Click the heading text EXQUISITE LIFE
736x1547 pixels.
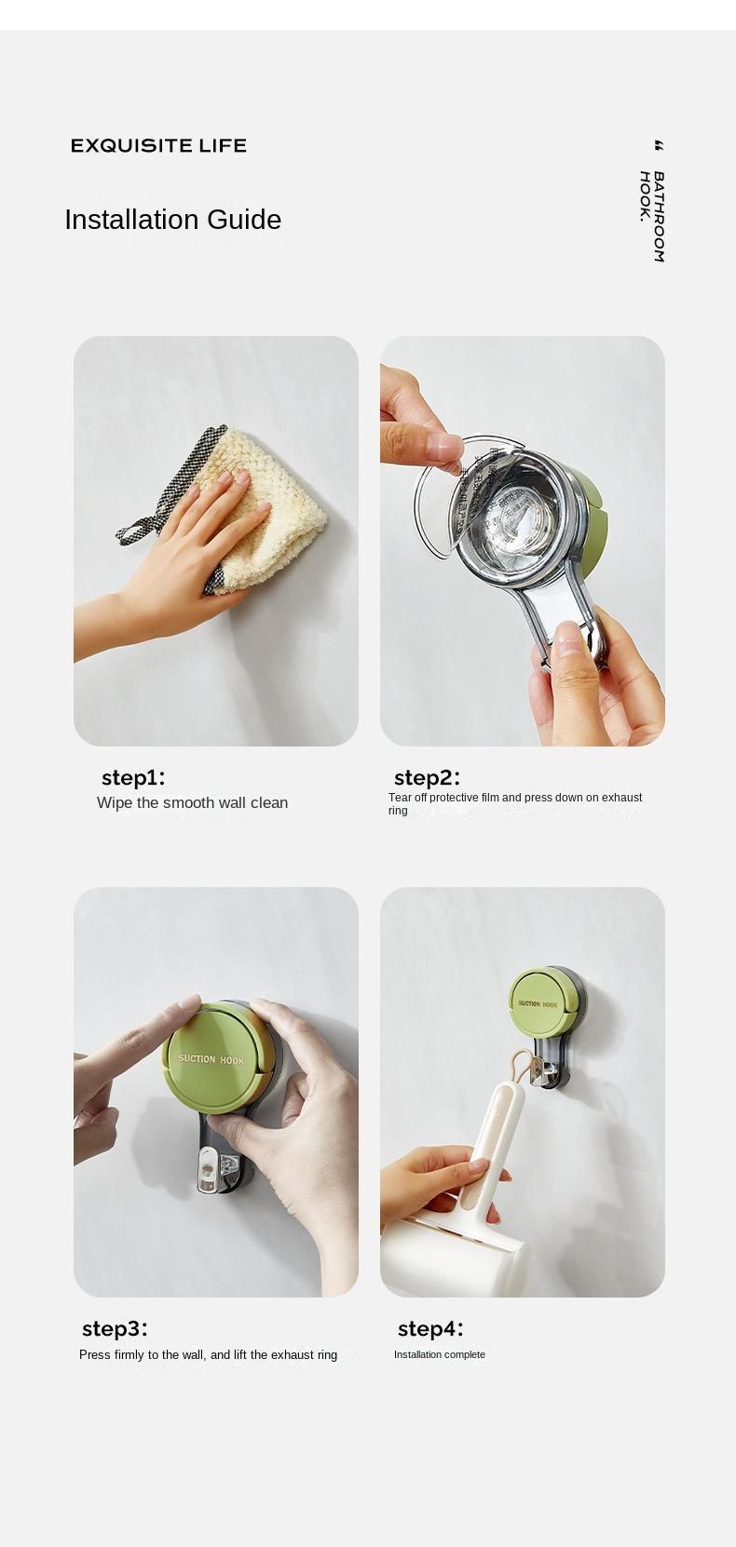(x=158, y=145)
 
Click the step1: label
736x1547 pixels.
(x=132, y=778)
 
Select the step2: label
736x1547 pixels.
(x=427, y=778)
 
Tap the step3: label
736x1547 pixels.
(x=115, y=1328)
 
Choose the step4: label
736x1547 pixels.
(x=429, y=1328)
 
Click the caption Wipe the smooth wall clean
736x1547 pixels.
(x=192, y=802)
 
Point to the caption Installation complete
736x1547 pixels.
(x=439, y=1354)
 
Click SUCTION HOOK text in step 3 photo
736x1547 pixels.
(x=211, y=1059)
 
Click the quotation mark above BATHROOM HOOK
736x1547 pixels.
(x=659, y=146)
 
